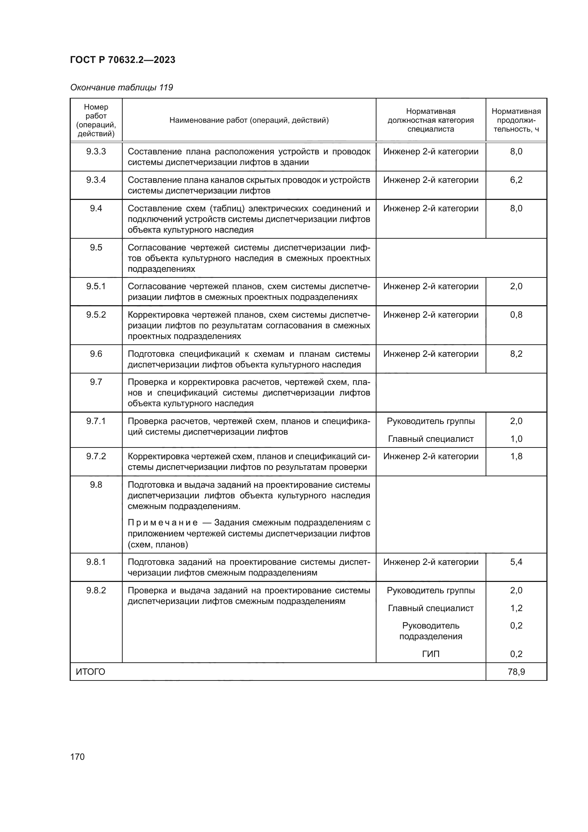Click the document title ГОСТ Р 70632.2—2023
pyautogui.click(x=122, y=60)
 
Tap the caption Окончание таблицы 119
pyautogui.click(x=121, y=88)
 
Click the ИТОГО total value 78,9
pyautogui.click(x=516, y=672)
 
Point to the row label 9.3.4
pyautogui.click(x=96, y=180)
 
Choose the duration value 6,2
pyautogui.click(x=516, y=180)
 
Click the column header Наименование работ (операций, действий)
pyautogui.click(x=249, y=120)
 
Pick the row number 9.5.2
pyautogui.click(x=96, y=314)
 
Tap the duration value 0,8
pyautogui.click(x=516, y=314)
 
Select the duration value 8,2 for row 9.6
pyautogui.click(x=516, y=354)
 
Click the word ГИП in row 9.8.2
pyautogui.click(x=431, y=654)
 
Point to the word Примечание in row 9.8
pyautogui.click(x=162, y=523)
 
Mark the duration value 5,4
pyautogui.click(x=516, y=562)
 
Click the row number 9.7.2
pyautogui.click(x=96, y=456)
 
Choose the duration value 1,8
pyautogui.click(x=516, y=456)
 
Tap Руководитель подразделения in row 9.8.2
pyautogui.click(x=431, y=631)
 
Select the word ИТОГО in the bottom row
pyautogui.click(x=90, y=672)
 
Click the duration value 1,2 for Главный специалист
pyautogui.click(x=516, y=608)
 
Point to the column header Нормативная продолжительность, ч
pyautogui.click(x=516, y=120)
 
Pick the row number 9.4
pyautogui.click(x=96, y=208)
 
